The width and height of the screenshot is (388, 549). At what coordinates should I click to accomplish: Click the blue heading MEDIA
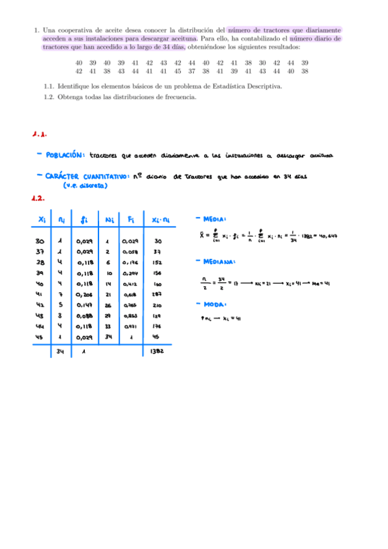(214, 219)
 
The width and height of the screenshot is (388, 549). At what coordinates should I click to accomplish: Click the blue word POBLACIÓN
(65, 155)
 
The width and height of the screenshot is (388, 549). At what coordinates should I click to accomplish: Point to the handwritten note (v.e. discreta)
(85, 185)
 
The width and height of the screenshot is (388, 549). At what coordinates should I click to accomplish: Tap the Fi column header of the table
(131, 219)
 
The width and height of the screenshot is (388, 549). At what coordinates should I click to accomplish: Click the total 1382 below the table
(157, 352)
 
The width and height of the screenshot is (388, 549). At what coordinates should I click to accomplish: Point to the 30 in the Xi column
(40, 241)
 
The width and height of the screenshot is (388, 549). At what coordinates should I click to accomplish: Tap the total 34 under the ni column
(60, 352)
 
